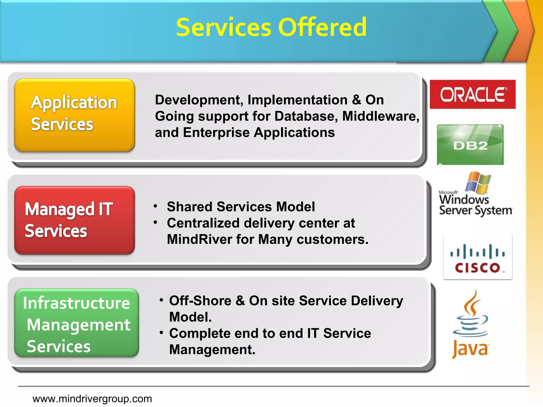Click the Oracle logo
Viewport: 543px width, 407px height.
[472, 94]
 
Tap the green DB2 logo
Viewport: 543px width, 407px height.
[470, 145]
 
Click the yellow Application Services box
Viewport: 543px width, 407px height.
[75, 115]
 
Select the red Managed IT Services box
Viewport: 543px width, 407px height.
[75, 220]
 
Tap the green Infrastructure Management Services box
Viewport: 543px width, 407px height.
[77, 323]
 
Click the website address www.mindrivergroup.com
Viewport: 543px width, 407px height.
[92, 399]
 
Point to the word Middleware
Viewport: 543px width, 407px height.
[380, 116]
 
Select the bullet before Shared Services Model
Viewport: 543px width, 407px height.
[156, 206]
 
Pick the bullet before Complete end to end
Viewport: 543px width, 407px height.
[161, 332]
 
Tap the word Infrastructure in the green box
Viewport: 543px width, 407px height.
[76, 303]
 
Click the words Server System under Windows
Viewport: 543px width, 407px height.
[475, 211]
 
